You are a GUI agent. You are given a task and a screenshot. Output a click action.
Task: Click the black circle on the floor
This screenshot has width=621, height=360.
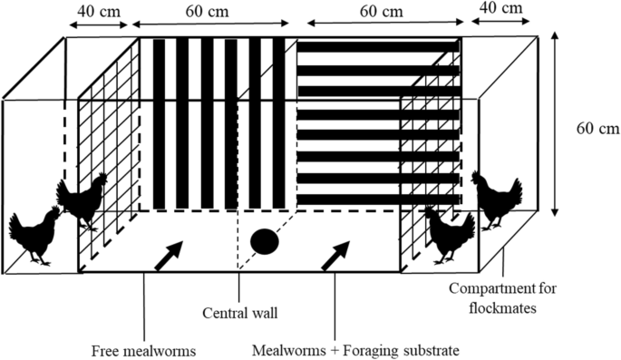[x=264, y=242]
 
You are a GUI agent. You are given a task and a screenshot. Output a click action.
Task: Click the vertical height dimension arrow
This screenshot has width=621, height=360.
[x=554, y=126]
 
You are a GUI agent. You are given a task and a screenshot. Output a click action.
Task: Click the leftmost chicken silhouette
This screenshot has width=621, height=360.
[x=34, y=235]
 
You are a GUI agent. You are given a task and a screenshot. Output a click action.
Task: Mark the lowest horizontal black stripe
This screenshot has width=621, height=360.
[x=374, y=199]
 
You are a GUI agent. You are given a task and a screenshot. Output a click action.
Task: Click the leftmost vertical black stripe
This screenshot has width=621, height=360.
[x=160, y=123]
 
